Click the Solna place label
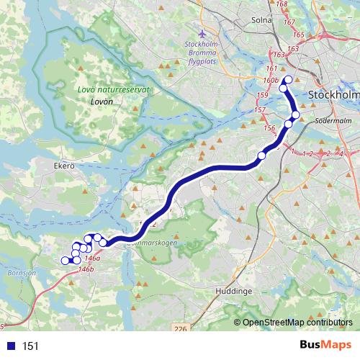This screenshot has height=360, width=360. click(x=262, y=20)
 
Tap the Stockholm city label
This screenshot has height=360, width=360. click(x=333, y=94)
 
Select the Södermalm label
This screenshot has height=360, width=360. click(x=331, y=121)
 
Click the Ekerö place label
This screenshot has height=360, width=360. click(x=64, y=166)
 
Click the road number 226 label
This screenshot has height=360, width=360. click(x=180, y=329)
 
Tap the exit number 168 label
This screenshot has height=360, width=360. click(x=281, y=4)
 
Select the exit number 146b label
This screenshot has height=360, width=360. click(x=86, y=269)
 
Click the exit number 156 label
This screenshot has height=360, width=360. click(x=269, y=127)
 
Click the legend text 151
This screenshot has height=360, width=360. click(x=30, y=346)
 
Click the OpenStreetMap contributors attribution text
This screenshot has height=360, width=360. click(x=297, y=323)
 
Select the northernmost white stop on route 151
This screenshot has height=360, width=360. click(x=289, y=80)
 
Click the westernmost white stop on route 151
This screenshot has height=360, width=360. click(x=65, y=261)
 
